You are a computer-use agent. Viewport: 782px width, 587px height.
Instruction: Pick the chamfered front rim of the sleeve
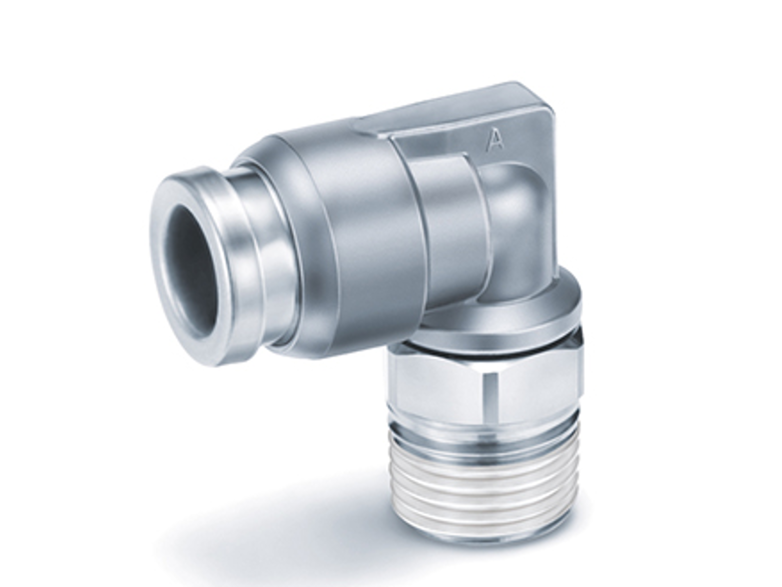(306, 249)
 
